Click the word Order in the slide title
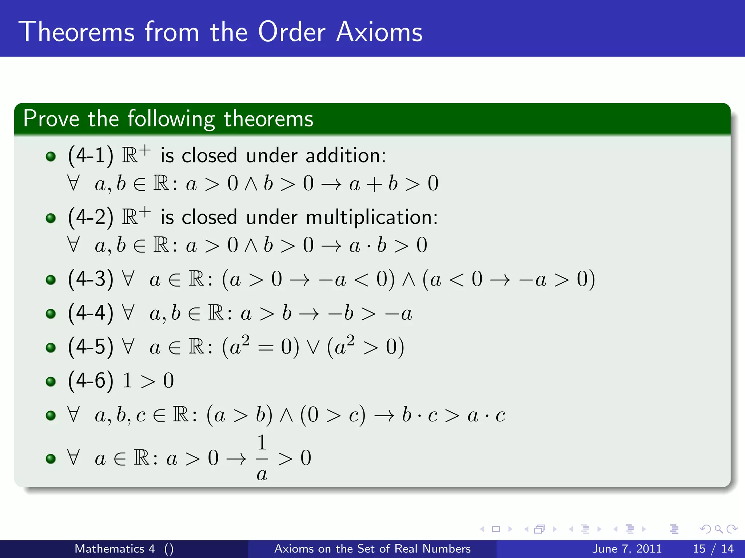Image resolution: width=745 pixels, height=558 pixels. pos(291,32)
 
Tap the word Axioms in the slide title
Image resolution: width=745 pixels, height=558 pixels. pos(379,32)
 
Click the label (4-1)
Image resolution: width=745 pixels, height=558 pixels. pos(91,155)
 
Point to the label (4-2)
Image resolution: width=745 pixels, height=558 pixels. pos(91,217)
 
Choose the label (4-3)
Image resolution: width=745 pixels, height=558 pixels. pos(91,279)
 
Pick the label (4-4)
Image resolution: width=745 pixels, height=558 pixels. pos(91,313)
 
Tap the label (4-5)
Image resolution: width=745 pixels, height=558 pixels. pos(91,347)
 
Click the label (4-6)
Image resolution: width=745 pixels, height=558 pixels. pos(91,381)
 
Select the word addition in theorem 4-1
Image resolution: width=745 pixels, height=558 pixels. pos(345,155)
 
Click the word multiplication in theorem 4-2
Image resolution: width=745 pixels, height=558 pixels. pos(371,217)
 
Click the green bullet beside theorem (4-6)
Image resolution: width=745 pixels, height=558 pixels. pos(51,381)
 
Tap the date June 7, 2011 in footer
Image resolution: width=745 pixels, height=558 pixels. pos(627,549)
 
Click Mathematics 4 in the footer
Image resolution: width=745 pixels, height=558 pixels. pos(115,549)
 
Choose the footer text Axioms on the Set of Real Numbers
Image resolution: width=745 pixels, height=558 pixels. pos(372,549)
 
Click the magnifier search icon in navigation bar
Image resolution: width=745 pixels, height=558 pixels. pos(718,529)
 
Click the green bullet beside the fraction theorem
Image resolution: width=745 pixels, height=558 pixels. pos(51,458)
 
